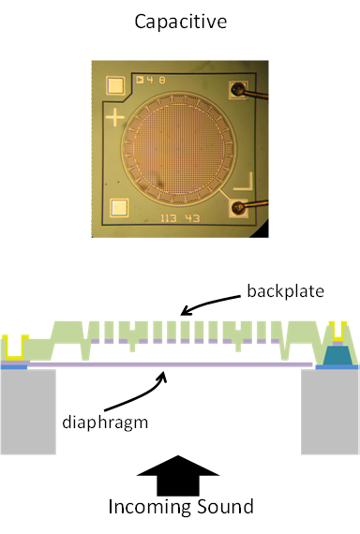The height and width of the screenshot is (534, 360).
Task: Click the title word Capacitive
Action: click(x=180, y=21)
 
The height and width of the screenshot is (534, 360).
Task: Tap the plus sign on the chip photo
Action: click(x=116, y=119)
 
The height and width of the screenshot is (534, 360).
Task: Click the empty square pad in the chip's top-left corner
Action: click(x=117, y=86)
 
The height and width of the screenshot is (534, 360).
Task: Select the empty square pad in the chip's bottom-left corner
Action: click(x=118, y=209)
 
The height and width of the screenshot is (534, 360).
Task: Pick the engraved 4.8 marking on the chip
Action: click(x=154, y=80)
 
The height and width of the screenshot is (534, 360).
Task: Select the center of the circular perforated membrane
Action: click(x=179, y=148)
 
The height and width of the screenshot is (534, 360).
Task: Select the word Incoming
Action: click(x=150, y=508)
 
